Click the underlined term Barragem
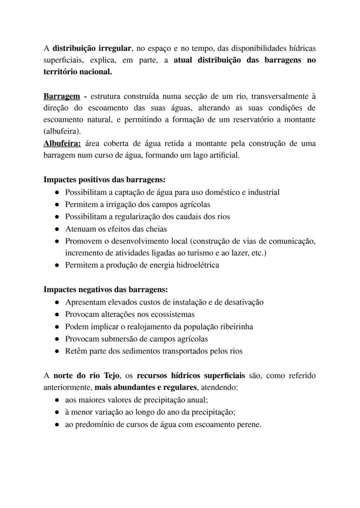(61, 96)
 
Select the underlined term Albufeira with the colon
(62, 143)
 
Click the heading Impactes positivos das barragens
(104, 179)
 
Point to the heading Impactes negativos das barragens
(106, 289)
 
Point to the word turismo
(177, 252)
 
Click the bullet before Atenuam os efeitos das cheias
(57, 229)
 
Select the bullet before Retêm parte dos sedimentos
(57, 350)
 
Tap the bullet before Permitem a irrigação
(57, 204)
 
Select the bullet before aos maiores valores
(57, 399)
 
